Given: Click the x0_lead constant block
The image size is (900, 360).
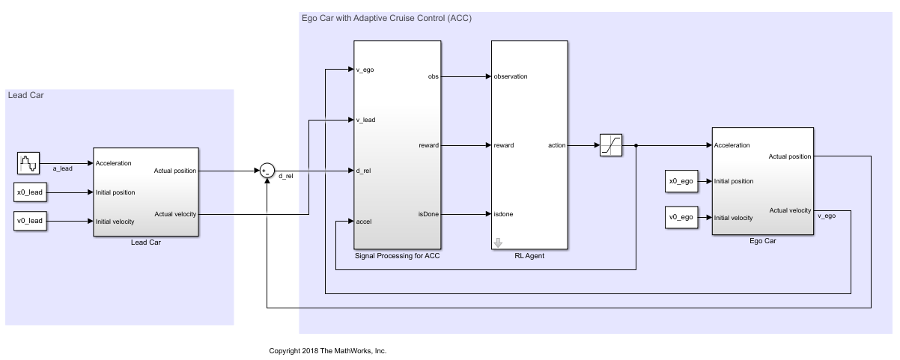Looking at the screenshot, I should (30, 192).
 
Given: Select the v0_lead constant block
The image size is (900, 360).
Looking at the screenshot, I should (30, 221).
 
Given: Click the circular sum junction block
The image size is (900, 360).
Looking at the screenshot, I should (267, 171).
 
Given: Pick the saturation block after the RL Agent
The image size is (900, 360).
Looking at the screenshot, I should (610, 145).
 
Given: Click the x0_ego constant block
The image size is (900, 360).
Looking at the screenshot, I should (681, 181).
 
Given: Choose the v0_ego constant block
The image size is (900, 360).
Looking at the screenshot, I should (681, 218).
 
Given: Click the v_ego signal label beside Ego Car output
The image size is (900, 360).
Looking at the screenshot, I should (827, 216).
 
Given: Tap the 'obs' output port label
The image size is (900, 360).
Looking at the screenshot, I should (434, 76).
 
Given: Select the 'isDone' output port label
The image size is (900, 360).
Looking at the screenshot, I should (428, 214).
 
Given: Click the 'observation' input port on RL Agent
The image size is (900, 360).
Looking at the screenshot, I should (510, 76).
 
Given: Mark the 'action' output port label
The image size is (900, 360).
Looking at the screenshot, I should (557, 145).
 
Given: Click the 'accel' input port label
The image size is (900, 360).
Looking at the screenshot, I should (365, 222).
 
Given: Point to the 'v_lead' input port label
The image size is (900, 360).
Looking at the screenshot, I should (366, 120).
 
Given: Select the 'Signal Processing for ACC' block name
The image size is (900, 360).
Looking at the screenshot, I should (397, 257).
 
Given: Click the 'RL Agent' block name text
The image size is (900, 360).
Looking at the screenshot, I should (529, 257).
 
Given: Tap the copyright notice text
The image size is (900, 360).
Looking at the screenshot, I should (327, 350).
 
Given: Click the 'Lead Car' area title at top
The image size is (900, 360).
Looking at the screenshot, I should (25, 95).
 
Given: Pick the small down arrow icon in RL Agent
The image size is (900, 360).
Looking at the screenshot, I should (498, 241).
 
